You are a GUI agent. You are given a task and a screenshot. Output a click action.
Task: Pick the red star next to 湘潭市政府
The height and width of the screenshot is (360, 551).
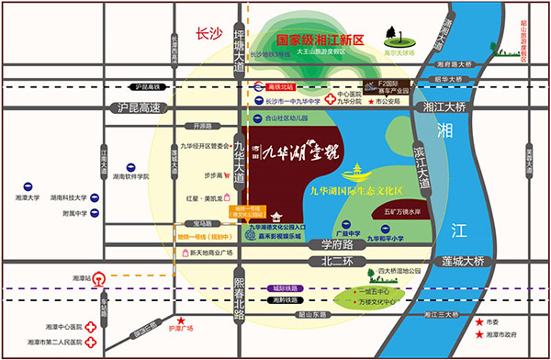click(479, 336)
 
